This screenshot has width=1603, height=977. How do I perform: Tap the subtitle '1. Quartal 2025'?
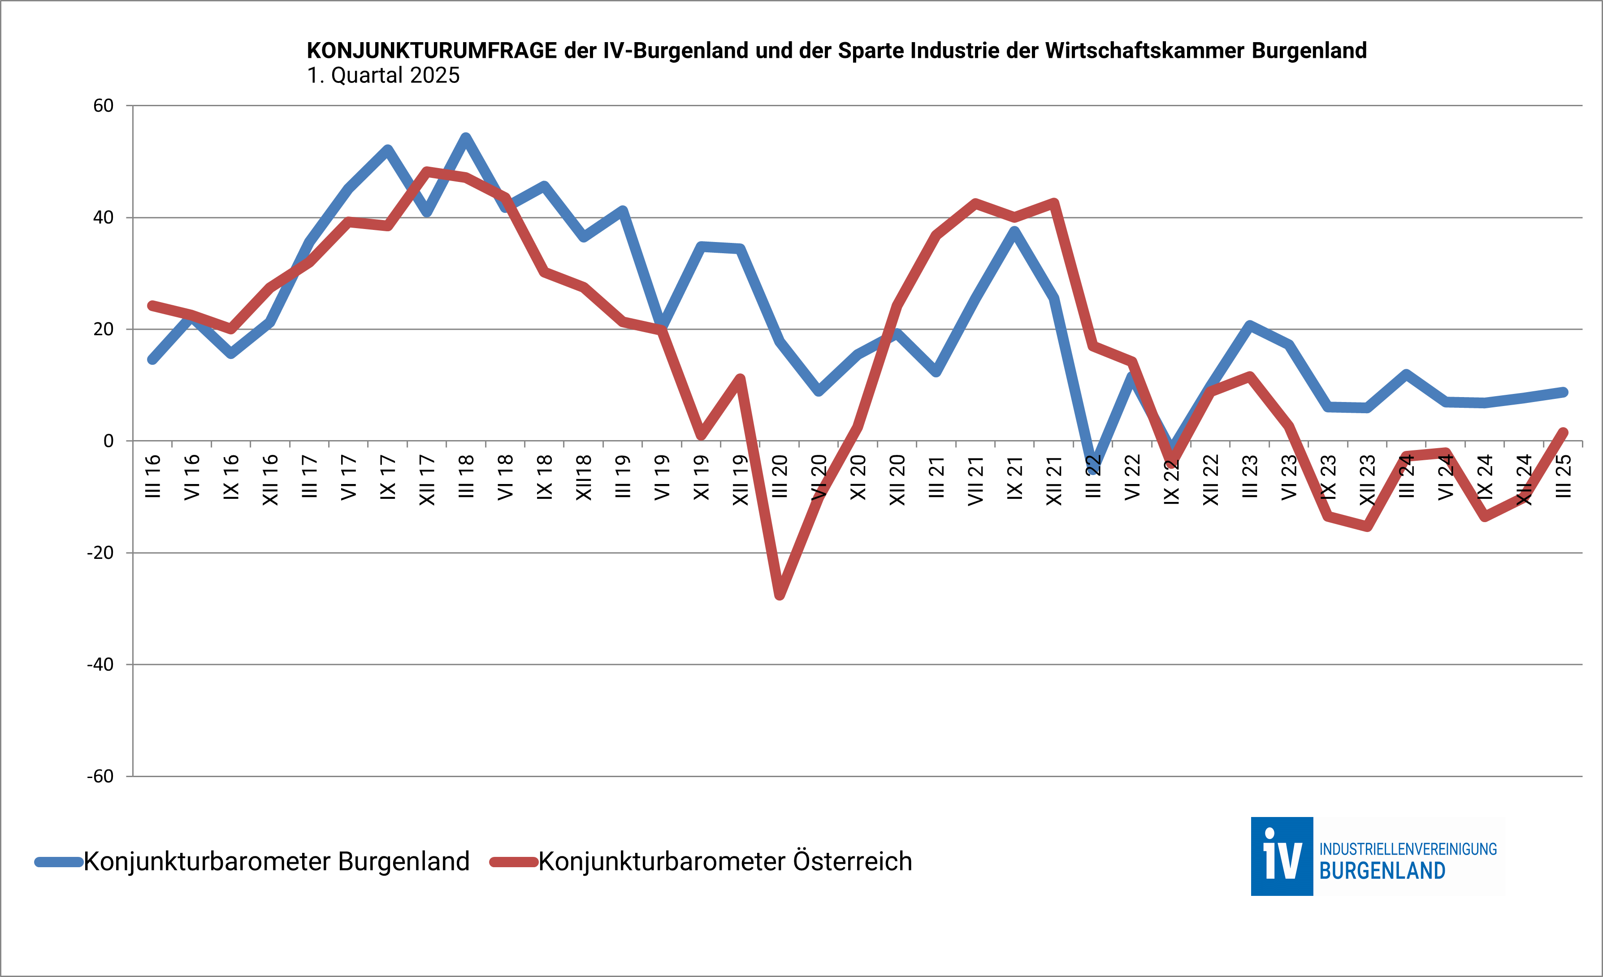point(383,75)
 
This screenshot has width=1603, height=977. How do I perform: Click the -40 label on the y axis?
point(100,664)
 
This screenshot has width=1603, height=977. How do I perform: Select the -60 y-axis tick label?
point(100,776)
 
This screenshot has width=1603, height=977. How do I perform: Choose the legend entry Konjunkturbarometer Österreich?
point(725,861)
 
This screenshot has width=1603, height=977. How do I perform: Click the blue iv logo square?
point(1282,856)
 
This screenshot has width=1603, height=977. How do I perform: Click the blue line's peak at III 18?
point(466,137)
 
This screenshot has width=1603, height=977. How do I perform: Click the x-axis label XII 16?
point(270,480)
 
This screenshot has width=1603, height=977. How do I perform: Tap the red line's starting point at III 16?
point(152,305)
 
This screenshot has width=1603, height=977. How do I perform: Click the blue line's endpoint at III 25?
point(1563,392)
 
